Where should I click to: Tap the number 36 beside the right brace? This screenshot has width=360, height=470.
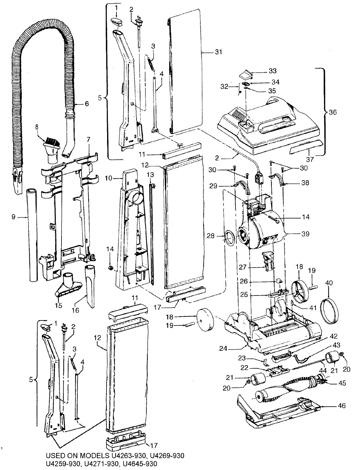point(332,112)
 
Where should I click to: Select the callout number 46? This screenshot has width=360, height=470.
point(341,406)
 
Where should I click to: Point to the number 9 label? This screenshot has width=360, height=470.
point(13,217)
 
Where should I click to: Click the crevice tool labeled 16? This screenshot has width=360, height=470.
point(90,285)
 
